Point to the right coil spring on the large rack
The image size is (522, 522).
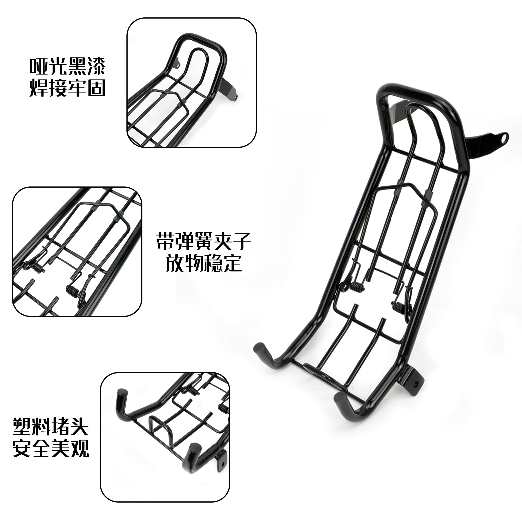(398, 307)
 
